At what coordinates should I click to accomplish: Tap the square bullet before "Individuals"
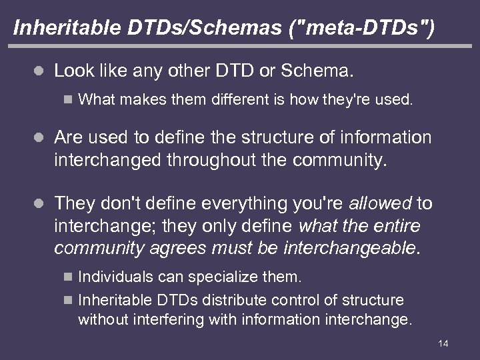point(66,275)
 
